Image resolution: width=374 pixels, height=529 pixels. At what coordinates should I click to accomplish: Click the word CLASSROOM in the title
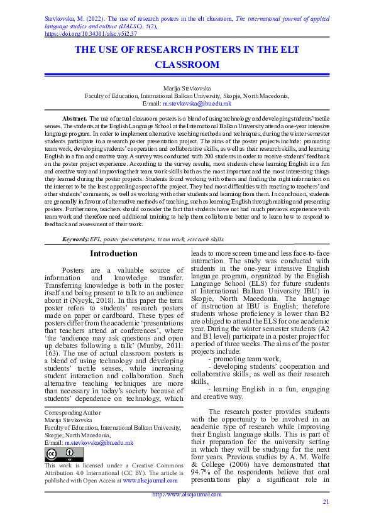point(187,65)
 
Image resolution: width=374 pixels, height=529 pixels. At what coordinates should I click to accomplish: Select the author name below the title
point(187,89)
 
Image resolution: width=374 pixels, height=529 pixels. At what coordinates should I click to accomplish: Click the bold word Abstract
point(75,119)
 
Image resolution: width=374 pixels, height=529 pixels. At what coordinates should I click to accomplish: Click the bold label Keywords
point(75,239)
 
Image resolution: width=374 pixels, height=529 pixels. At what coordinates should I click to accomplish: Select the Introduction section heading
point(113,254)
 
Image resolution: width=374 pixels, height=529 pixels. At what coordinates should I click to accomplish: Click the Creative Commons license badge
point(63,454)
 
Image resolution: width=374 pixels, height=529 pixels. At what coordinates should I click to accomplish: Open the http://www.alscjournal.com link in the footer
point(187,494)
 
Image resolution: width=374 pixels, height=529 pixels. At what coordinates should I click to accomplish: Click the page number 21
point(325,501)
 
